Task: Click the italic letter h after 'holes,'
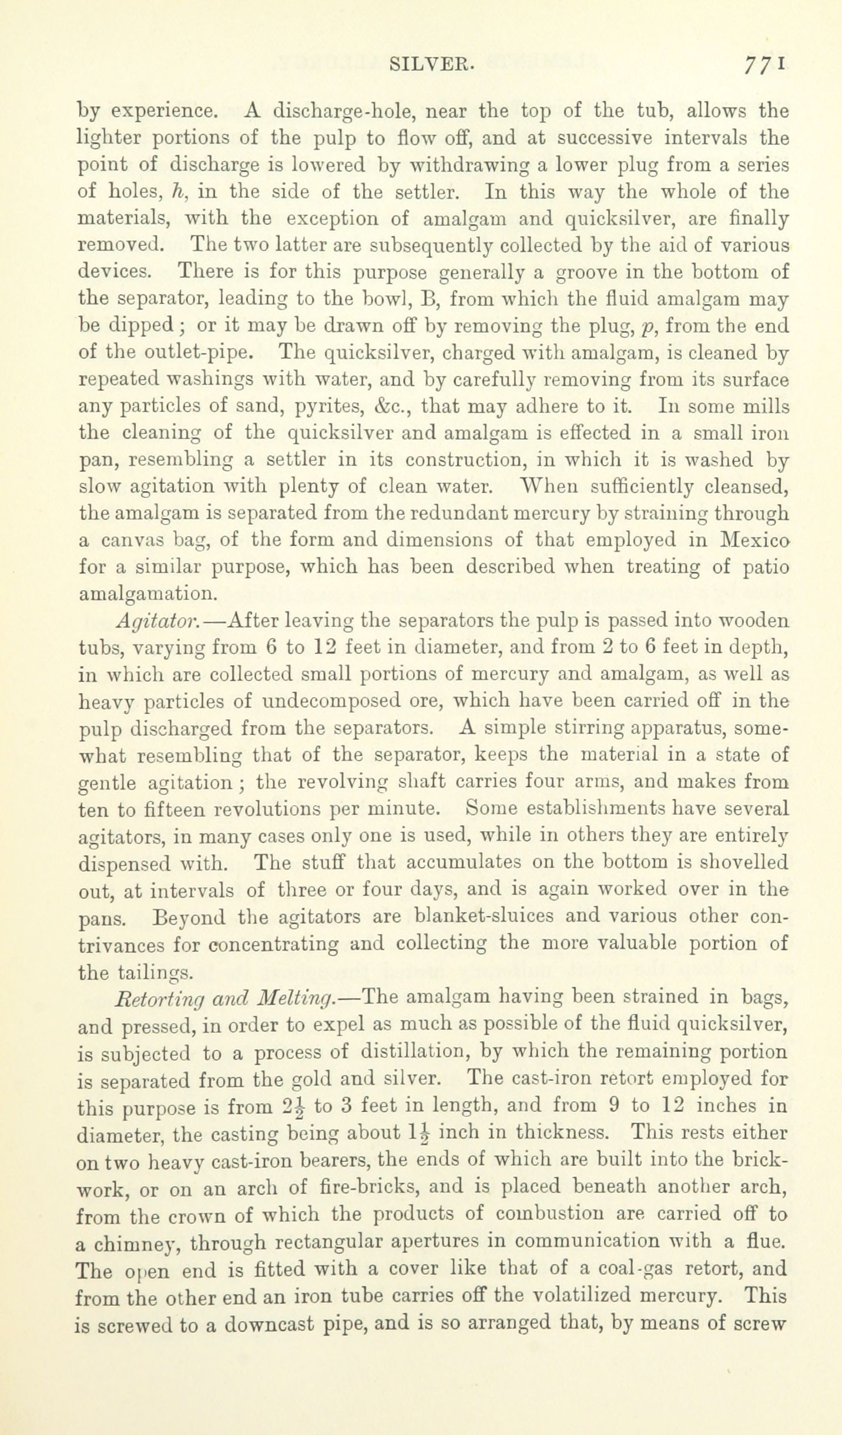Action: coord(175,193)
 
